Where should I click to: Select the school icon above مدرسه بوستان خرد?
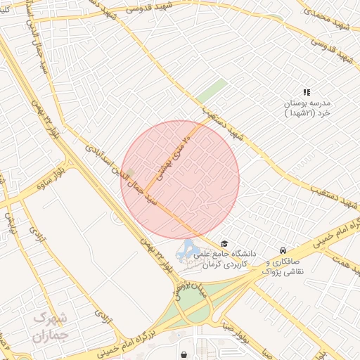click(306, 92)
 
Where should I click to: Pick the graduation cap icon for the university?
click(224, 243)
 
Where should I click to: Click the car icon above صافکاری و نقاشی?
click(283, 250)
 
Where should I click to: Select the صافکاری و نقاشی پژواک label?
click(285, 266)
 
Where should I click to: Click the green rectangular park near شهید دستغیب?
click(211, 92)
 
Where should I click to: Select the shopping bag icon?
click(184, 354)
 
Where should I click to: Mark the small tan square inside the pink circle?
click(129, 172)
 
